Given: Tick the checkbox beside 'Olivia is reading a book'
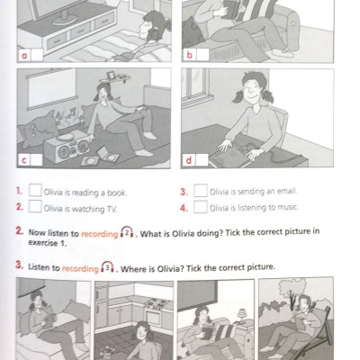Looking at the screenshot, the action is tap(35, 190).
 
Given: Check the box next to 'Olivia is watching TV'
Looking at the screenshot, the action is tap(35, 206).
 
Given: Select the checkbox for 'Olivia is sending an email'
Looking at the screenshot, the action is tap(201, 191).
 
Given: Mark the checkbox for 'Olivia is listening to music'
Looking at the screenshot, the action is tap(201, 207).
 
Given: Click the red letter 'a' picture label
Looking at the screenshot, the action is tap(25, 56).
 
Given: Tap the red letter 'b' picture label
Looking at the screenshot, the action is tap(189, 55).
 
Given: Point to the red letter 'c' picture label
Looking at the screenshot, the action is tap(24, 160).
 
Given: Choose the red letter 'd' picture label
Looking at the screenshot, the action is tap(189, 160).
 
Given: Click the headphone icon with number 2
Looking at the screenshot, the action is tap(127, 232).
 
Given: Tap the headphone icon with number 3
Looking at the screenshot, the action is tap(107, 266).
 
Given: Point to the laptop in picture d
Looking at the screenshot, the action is tap(232, 156).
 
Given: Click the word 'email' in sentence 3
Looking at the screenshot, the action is tap(286, 191).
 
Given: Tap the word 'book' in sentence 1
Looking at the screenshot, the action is tap(117, 193).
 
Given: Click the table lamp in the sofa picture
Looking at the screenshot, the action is tap(242, 316).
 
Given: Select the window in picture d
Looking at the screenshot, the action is tap(197, 87).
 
